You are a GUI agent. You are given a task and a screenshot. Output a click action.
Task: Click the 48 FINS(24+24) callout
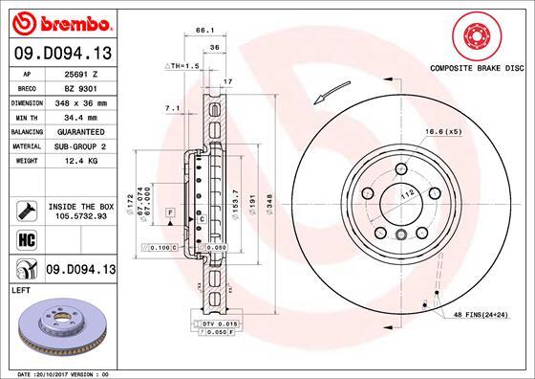(481, 315)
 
